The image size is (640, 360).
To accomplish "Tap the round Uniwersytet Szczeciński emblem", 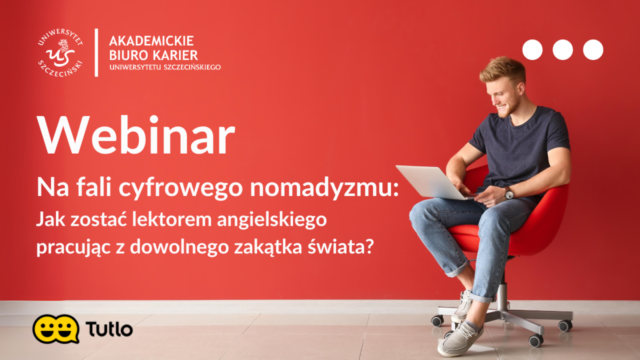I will [x=60, y=53].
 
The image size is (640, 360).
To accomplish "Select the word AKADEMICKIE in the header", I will [x=151, y=41].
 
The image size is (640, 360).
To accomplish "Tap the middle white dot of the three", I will [x=563, y=50].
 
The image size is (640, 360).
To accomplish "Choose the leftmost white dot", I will [x=532, y=50].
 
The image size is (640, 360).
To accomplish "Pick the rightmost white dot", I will [x=593, y=50].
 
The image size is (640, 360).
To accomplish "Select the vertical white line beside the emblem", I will [x=97, y=52].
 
